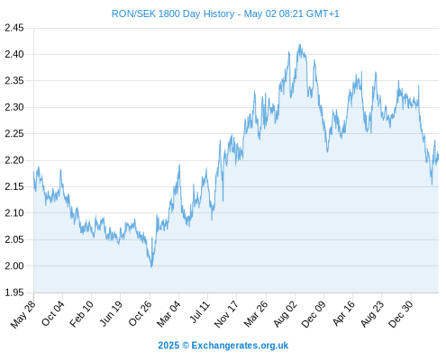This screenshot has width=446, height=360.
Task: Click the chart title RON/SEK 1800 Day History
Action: (x=173, y=13)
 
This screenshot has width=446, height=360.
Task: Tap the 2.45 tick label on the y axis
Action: (x=14, y=28)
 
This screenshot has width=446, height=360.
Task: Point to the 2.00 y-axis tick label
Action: (x=14, y=265)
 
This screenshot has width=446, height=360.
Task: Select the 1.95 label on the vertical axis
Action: (x=14, y=292)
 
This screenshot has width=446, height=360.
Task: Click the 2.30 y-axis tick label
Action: (x=14, y=107)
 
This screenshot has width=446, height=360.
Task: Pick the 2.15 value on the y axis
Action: (x=14, y=186)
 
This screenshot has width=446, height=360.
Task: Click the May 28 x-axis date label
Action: (x=23, y=314)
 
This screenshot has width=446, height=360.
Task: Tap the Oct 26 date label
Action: (x=140, y=313)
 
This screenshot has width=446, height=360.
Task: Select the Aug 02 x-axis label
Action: (x=286, y=313)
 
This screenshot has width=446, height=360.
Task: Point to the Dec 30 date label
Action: (x=401, y=314)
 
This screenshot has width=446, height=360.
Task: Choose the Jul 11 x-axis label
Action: (x=200, y=312)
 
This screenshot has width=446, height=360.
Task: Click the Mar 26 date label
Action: (x=255, y=314)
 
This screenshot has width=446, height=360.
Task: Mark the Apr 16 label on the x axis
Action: (x=343, y=313)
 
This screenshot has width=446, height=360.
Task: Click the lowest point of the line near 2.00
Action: (x=151, y=267)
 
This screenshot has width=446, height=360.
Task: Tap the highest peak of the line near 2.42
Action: (x=299, y=45)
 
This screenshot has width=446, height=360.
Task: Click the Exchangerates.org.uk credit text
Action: (x=240, y=346)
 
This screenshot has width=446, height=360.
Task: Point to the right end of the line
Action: (x=438, y=157)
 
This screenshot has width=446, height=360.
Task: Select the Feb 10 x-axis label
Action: (x=81, y=314)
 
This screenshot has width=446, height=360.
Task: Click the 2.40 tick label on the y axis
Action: (x=14, y=54)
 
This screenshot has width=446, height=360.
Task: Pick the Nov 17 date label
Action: (x=226, y=314)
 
